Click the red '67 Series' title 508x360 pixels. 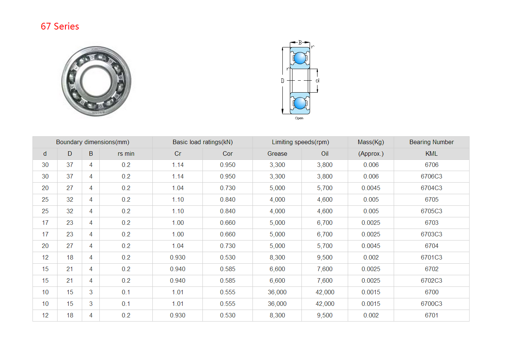point(60,26)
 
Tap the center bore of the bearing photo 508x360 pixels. point(96,81)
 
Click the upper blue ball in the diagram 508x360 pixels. point(300,58)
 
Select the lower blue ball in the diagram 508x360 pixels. point(300,103)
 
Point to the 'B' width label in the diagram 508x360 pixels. point(300,43)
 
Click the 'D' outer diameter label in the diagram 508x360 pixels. point(282,81)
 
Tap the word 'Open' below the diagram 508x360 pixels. point(299,118)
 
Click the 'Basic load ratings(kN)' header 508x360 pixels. point(202,142)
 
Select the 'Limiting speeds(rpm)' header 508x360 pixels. point(300,142)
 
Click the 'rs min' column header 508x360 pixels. point(126,154)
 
